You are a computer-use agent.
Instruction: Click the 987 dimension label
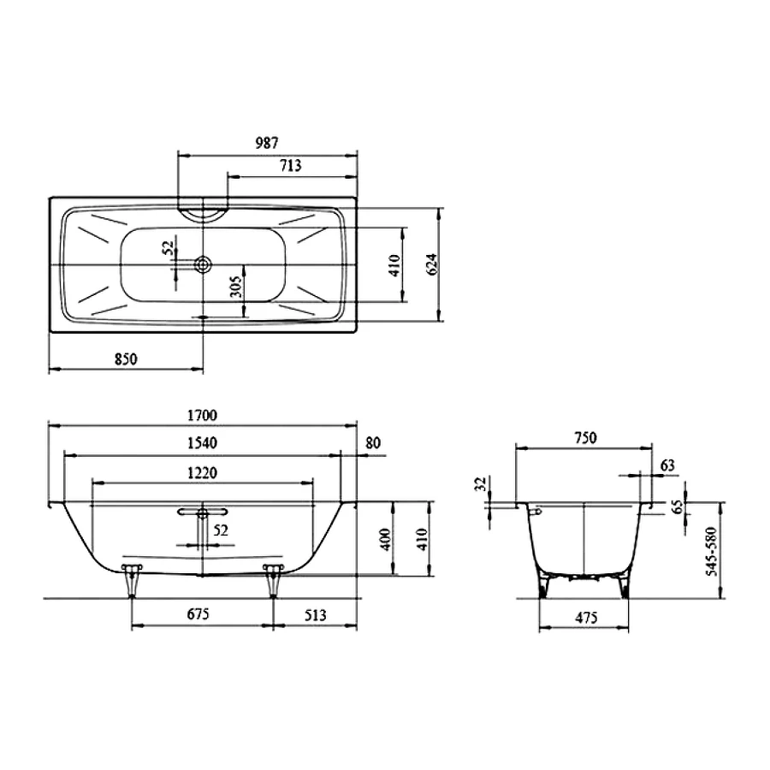(x=266, y=143)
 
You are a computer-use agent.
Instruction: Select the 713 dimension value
(x=291, y=166)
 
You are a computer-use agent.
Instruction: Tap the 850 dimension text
(x=125, y=358)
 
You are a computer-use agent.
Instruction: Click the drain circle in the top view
(x=204, y=265)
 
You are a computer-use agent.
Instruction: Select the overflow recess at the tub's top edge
(x=203, y=211)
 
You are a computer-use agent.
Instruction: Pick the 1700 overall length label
(x=203, y=415)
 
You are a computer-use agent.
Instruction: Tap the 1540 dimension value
(x=203, y=443)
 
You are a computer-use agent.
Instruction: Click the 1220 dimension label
(x=203, y=472)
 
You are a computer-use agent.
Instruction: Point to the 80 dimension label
(x=372, y=443)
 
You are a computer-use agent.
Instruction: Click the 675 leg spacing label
(x=198, y=613)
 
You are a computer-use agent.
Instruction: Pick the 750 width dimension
(x=584, y=437)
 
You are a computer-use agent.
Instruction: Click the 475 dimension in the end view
(x=584, y=617)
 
